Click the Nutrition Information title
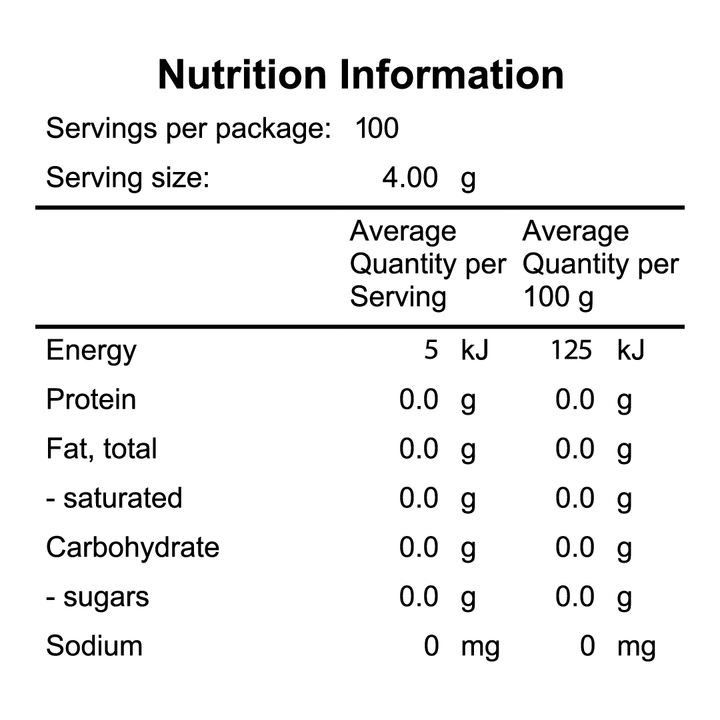coord(360,75)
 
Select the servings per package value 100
coord(377,129)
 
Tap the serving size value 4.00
coord(410,179)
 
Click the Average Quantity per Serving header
coord(428,264)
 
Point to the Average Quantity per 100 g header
coord(600,264)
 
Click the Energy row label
coord(91,351)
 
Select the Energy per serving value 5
coord(431,351)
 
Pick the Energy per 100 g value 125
coord(571,351)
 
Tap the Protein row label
coord(91,400)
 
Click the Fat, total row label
coord(102,449)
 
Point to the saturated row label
coord(114,498)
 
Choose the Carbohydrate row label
coord(133,548)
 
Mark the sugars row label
coord(97,597)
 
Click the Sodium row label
coord(94,646)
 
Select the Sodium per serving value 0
coord(431,646)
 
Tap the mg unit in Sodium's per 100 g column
coord(636,648)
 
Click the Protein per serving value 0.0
coord(419,400)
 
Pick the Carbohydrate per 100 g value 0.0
coord(575,548)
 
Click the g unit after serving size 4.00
coord(468,181)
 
